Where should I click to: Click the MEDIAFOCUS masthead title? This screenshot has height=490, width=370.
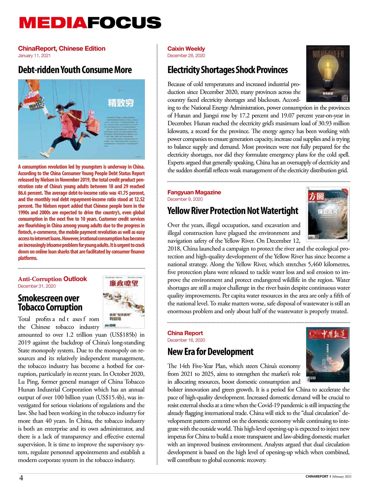pyautogui.click(x=90, y=23)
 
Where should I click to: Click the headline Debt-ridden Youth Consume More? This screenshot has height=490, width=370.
pyautogui.click(x=75, y=70)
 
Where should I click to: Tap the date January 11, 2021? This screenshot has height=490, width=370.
pyautogui.click(x=34, y=56)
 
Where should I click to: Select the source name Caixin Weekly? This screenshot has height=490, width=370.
pyautogui.click(x=186, y=49)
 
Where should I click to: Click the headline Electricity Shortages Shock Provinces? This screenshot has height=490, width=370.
pyautogui.click(x=228, y=70)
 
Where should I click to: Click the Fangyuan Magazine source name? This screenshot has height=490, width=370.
pyautogui.click(x=194, y=192)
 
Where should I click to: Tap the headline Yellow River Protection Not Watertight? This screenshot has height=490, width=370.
pyautogui.click(x=232, y=211)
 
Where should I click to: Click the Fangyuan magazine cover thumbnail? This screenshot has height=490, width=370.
pyautogui.click(x=328, y=213)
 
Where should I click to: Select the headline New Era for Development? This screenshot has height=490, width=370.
pyautogui.click(x=210, y=352)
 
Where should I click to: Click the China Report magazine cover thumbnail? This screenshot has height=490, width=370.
pyautogui.click(x=327, y=354)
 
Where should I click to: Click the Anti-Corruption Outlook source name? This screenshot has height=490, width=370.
pyautogui.click(x=52, y=279)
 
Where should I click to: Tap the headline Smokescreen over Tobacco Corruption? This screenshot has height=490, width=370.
pyautogui.click(x=50, y=302)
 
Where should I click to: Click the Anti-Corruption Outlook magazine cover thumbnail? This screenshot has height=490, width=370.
pyautogui.click(x=124, y=302)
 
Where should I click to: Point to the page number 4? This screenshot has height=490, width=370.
pyautogui.click(x=21, y=477)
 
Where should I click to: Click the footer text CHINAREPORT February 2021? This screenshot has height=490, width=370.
pyautogui.click(x=328, y=477)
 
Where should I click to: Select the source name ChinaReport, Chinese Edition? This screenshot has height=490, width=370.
pyautogui.click(x=61, y=49)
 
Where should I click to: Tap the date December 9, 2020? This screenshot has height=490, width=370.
pyautogui.click(x=185, y=199)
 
